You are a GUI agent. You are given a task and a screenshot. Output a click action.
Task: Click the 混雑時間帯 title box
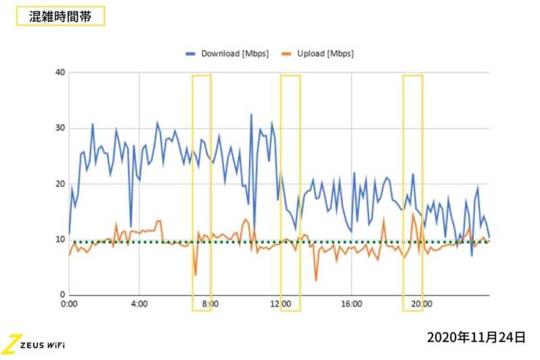60,17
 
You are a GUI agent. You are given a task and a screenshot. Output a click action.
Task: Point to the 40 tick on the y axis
59,73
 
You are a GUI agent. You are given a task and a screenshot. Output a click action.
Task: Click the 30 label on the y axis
59,128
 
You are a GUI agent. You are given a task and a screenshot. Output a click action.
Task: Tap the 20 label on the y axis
59,184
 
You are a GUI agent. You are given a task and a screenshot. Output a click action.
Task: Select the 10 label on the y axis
59,239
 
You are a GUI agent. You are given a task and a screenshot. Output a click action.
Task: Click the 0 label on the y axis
62,295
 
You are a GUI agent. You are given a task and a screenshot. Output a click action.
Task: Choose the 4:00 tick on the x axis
139,304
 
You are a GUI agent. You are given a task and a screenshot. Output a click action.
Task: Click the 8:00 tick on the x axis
210,304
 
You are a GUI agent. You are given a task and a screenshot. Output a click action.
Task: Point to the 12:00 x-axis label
281,304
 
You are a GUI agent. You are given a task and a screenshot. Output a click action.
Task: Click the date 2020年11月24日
475,337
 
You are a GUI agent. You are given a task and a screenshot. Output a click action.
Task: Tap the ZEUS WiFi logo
34,344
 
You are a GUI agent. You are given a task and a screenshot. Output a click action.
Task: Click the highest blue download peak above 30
251,115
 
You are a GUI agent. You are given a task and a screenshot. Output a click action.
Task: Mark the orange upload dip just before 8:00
196,274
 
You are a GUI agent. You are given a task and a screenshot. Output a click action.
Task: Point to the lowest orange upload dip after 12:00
316,280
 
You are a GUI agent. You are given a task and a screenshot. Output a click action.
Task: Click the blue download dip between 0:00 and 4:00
131,226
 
